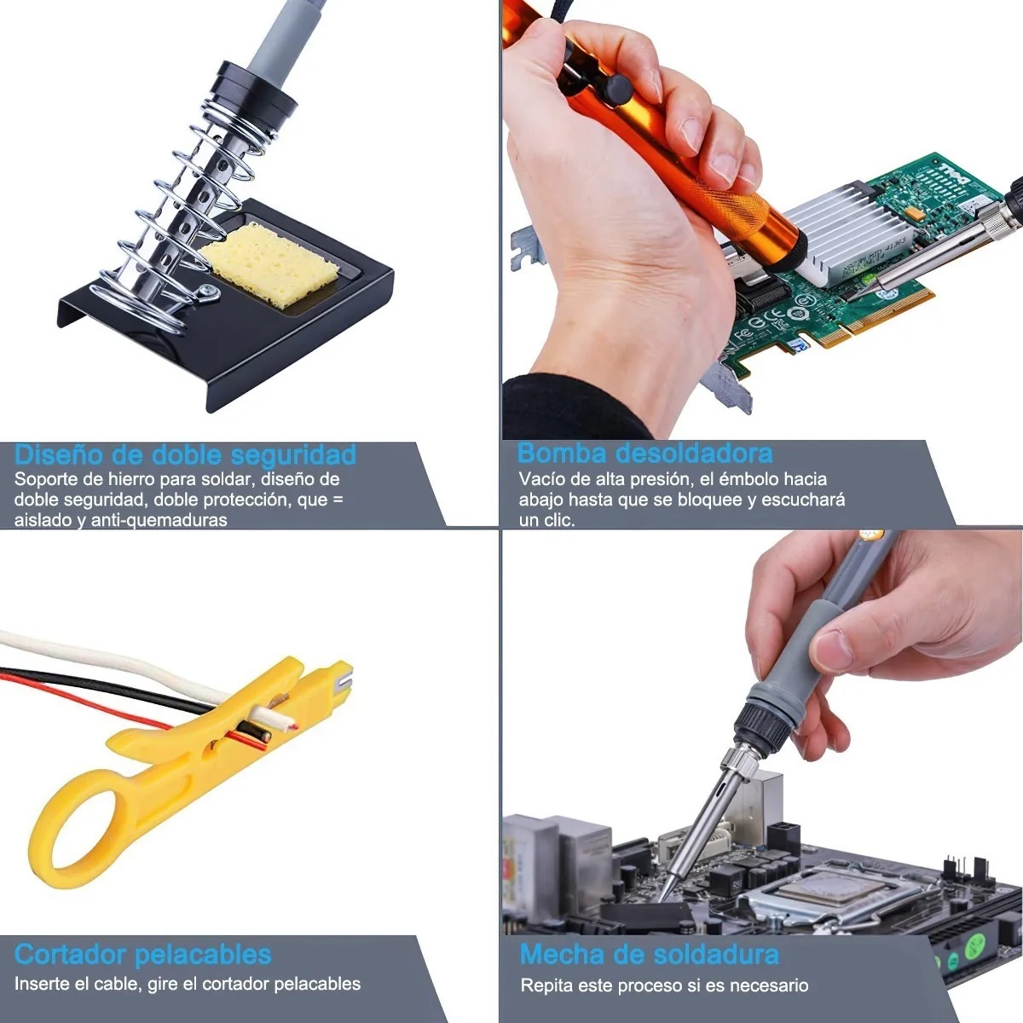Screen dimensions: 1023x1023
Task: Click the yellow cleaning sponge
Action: [269, 265]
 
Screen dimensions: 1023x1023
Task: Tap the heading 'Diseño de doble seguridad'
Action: [185, 455]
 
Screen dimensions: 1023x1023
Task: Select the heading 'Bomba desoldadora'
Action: [644, 453]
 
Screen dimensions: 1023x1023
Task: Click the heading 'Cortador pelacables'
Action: [143, 955]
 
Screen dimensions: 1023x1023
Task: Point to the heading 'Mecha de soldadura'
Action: [650, 955]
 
